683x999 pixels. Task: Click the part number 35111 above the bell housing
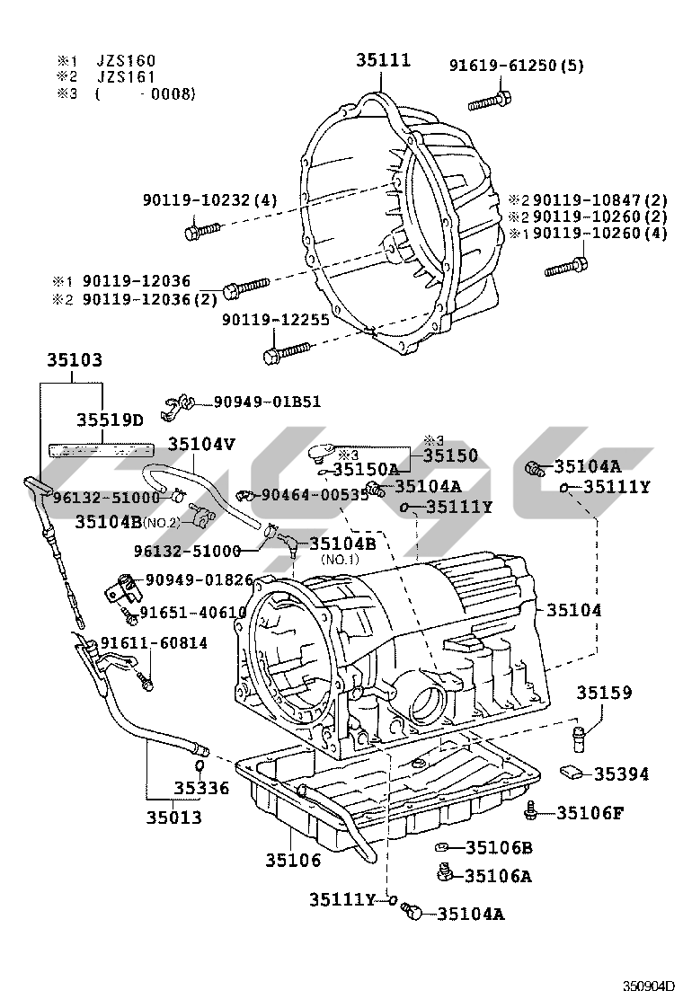tap(383, 60)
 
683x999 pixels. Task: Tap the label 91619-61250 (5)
tap(516, 65)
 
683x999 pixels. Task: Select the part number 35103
tap(75, 360)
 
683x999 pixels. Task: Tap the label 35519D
tap(110, 420)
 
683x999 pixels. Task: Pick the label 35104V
tap(201, 443)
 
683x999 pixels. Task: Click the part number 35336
tap(201, 789)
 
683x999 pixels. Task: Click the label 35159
tap(604, 693)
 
